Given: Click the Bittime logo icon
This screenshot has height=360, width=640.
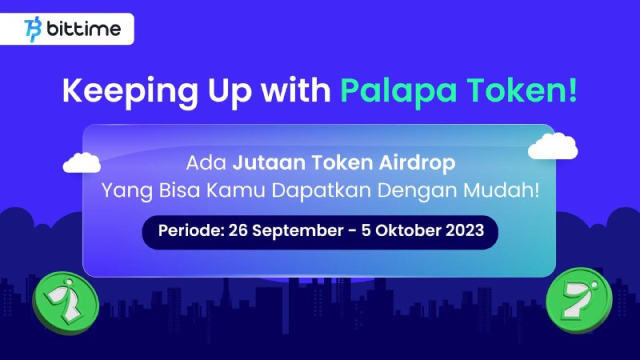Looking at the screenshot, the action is tap(33, 29).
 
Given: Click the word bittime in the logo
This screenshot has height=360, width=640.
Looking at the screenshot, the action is tap(84, 29).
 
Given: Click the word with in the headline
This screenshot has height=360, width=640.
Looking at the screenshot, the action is tap(296, 90).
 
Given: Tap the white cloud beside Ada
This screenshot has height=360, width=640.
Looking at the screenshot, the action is tap(82, 162).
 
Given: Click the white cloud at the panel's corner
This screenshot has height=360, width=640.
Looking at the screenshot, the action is tap(553, 146).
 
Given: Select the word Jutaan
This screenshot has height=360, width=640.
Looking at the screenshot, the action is tap(269, 162).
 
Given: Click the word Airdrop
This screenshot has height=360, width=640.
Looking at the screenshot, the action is tap(417, 163).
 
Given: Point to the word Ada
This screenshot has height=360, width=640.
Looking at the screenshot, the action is tap(206, 162).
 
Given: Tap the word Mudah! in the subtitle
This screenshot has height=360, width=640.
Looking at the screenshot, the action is tap(502, 190).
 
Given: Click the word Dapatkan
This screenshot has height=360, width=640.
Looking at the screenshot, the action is tap(322, 190).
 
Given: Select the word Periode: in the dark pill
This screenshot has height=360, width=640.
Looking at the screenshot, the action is tap(191, 230).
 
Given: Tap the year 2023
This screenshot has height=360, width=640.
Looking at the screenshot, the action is tap(465, 230).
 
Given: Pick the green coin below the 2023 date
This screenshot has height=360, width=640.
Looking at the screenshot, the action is tap(579, 300).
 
